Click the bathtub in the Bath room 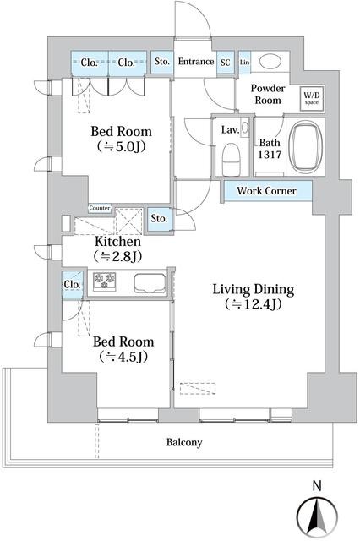306,146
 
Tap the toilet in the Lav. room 231,160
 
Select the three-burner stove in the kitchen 105,281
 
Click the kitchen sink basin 150,283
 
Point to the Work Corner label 266,191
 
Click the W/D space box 312,99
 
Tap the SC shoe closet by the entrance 226,63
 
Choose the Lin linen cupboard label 244,62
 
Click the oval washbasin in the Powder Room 270,62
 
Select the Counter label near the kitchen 100,208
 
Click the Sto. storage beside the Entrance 162,62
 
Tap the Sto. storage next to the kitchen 160,219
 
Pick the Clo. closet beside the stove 73,285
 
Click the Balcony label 184,442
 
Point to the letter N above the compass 317,486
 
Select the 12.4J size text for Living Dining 254,304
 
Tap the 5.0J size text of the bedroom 121,147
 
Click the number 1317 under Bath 270,155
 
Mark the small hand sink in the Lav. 244,128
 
